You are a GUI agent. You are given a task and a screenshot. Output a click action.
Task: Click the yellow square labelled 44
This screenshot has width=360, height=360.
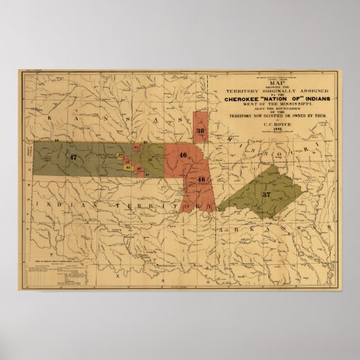[x=120, y=155]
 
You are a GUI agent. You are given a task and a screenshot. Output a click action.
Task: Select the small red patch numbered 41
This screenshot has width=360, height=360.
[x=136, y=147]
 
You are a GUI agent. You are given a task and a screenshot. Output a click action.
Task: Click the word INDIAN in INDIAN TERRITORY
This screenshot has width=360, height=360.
[x=65, y=203]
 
